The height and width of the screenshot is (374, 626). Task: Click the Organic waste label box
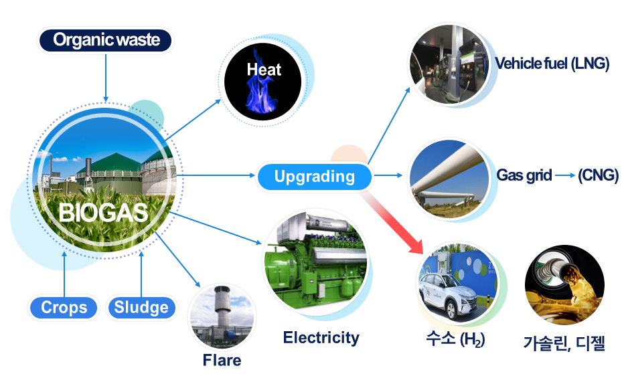tap(106, 40)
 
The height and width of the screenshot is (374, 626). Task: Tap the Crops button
tap(64, 308)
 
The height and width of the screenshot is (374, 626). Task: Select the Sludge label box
tap(141, 308)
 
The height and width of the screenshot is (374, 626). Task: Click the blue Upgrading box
tap(314, 177)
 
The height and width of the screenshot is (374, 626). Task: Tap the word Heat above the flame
tap(264, 70)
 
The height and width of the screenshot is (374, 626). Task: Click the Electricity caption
tap(321, 338)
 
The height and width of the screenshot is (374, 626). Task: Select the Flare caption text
tap(222, 360)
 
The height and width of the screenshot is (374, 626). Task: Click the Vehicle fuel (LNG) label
tap(552, 64)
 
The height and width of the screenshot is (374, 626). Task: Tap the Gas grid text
tap(524, 176)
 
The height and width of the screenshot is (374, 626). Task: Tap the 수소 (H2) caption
tap(454, 339)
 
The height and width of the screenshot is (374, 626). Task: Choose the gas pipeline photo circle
tap(448, 177)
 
